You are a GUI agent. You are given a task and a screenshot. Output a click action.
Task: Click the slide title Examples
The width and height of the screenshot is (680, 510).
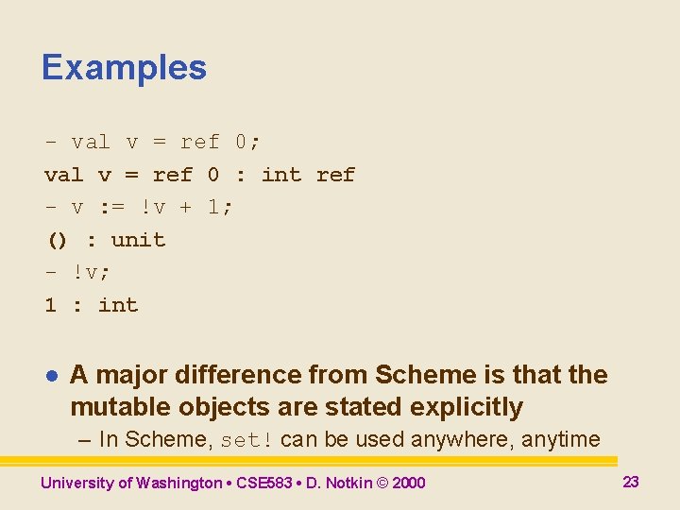pos(124,68)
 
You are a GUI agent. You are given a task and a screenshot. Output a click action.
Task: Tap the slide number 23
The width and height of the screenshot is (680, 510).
pos(631,482)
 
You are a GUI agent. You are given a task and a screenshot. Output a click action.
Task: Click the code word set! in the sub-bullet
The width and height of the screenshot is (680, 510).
pos(247,440)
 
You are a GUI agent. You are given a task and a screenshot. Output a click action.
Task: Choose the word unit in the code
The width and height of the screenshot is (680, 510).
pos(138,240)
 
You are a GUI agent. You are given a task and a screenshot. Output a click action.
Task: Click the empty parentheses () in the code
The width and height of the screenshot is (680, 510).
pos(58,240)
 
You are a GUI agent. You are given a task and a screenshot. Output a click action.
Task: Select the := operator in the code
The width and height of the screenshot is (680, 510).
pos(110,207)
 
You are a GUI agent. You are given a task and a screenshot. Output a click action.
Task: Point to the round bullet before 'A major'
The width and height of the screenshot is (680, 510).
pos(53,376)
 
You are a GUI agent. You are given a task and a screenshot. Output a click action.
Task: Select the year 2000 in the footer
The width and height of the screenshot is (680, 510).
pos(408,483)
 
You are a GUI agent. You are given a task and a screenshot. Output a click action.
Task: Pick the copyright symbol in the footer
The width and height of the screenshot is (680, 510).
pos(382,483)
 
